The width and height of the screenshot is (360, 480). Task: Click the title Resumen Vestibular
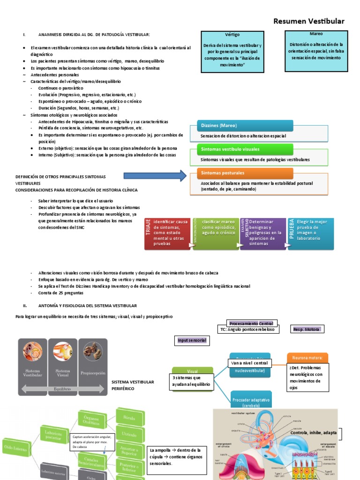(x=308, y=21)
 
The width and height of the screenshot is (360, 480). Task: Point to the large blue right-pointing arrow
(x=155, y=176)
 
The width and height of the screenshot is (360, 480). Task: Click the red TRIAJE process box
(x=168, y=233)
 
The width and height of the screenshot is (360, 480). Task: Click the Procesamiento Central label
(x=252, y=323)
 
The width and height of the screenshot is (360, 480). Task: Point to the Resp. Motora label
(x=306, y=330)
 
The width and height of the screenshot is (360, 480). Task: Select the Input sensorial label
(x=191, y=340)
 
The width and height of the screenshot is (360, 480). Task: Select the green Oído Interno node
(x=17, y=447)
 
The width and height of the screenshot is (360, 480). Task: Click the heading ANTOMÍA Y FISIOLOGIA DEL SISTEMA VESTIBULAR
(x=87, y=305)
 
